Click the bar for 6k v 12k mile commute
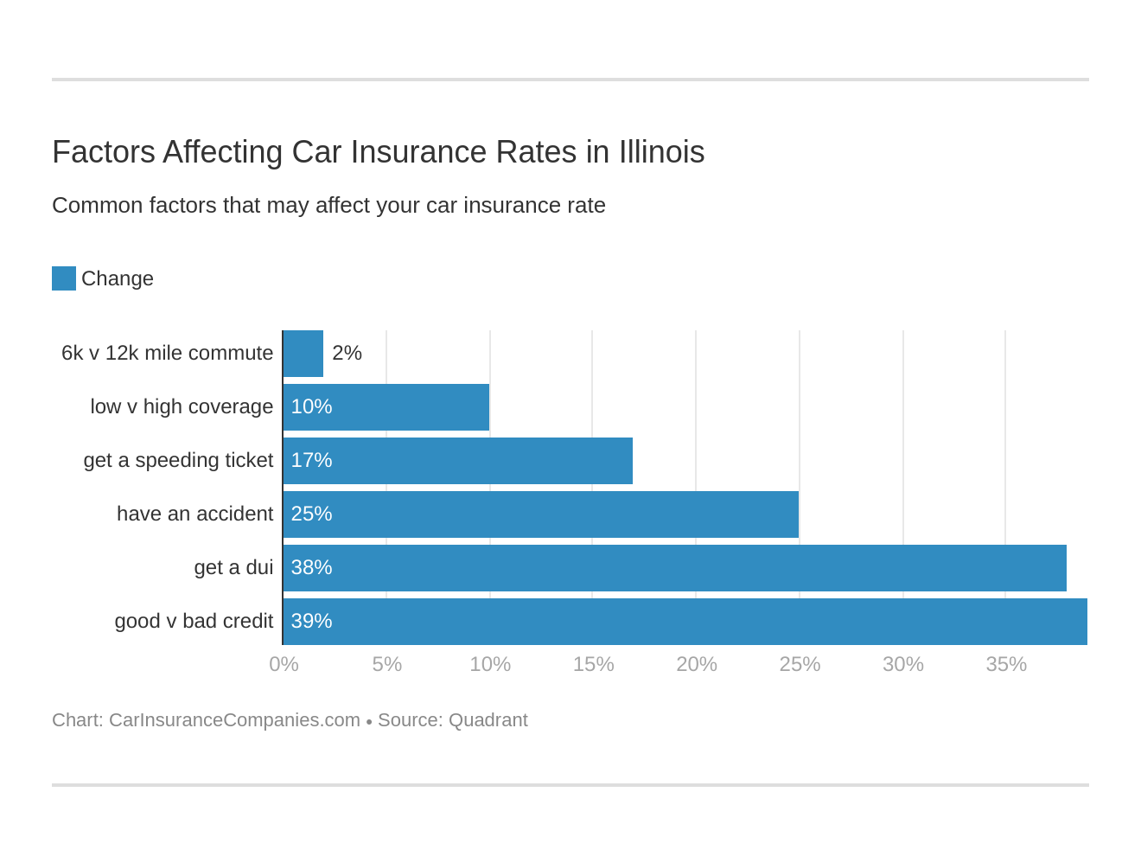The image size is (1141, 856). (303, 354)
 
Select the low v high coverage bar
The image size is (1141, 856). (386, 407)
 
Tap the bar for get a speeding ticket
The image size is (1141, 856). (458, 461)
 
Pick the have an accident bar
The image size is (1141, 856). (541, 514)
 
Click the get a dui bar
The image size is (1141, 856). (675, 568)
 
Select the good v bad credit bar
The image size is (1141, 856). (685, 622)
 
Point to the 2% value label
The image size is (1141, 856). (347, 353)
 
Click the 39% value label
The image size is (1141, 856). (311, 621)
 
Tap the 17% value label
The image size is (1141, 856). (311, 460)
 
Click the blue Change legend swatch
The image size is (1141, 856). (64, 278)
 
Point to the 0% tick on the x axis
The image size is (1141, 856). (284, 664)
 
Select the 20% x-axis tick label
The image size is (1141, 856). (696, 664)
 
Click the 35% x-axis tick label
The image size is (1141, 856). (1006, 664)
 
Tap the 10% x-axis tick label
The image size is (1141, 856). (490, 664)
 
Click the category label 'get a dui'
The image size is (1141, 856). (233, 567)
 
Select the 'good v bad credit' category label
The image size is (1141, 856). (194, 621)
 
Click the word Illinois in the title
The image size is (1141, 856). (661, 152)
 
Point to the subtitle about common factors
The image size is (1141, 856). (328, 205)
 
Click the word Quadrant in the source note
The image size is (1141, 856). (488, 720)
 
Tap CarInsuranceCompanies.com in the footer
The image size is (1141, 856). (234, 720)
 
